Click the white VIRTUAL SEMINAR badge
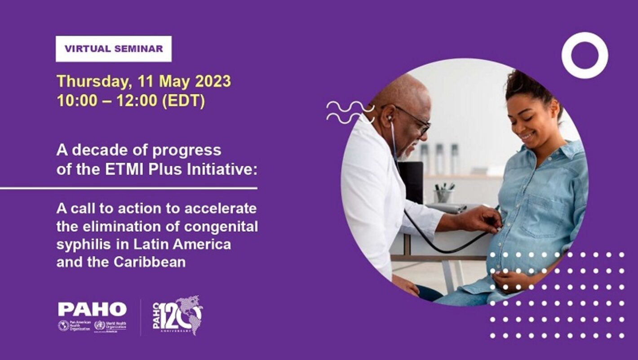pyautogui.click(x=114, y=49)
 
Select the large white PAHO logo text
pyautogui.click(x=92, y=309)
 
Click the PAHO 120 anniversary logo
pyautogui.click(x=177, y=315)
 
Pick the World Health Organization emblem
pyautogui.click(x=99, y=325)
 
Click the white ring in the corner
pyautogui.click(x=585, y=55)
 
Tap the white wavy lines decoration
pyautogui.click(x=350, y=112)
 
